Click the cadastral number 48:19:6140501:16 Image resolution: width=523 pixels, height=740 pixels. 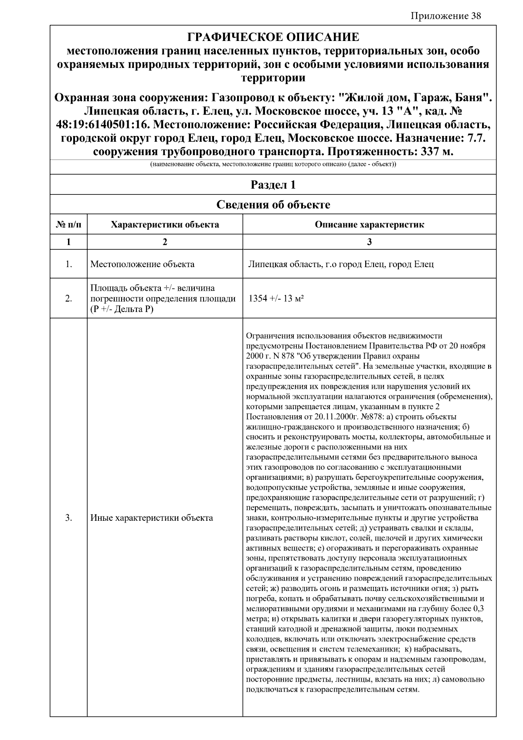[103, 125]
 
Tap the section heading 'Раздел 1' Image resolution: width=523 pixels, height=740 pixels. [273, 185]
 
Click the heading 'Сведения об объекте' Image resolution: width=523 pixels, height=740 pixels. [273, 204]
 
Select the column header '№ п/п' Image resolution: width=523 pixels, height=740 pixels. [68, 225]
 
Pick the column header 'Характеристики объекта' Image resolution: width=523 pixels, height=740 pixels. [165, 225]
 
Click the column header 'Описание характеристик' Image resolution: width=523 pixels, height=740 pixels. [369, 225]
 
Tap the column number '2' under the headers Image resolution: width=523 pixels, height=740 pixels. [165, 242]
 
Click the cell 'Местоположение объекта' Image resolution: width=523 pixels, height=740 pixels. [143, 264]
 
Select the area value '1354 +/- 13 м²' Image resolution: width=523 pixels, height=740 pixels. [276, 299]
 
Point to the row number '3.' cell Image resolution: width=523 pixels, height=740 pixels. [68, 518]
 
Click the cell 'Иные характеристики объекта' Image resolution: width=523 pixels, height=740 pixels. [152, 518]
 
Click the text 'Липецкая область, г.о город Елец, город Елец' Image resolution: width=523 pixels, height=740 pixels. [341, 264]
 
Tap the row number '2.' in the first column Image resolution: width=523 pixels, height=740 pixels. [68, 299]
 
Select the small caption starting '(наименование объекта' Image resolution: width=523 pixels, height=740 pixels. [273, 165]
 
